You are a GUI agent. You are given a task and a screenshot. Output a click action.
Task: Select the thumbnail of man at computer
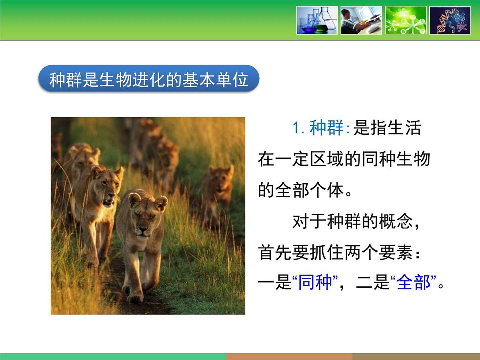(x=361, y=20)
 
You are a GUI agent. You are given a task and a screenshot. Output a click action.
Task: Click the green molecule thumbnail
(x=405, y=20)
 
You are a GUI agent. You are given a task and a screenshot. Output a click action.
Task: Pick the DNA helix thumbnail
(x=450, y=20)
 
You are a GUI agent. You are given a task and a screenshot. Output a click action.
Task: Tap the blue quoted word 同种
(x=315, y=283)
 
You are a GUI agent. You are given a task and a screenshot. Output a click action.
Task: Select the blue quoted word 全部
(x=413, y=283)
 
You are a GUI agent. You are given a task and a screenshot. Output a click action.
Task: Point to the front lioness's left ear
(x=161, y=202)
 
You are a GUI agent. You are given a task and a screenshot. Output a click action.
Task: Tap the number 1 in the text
(x=296, y=129)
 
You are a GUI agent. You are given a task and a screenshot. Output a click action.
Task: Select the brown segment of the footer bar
(x=289, y=356)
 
